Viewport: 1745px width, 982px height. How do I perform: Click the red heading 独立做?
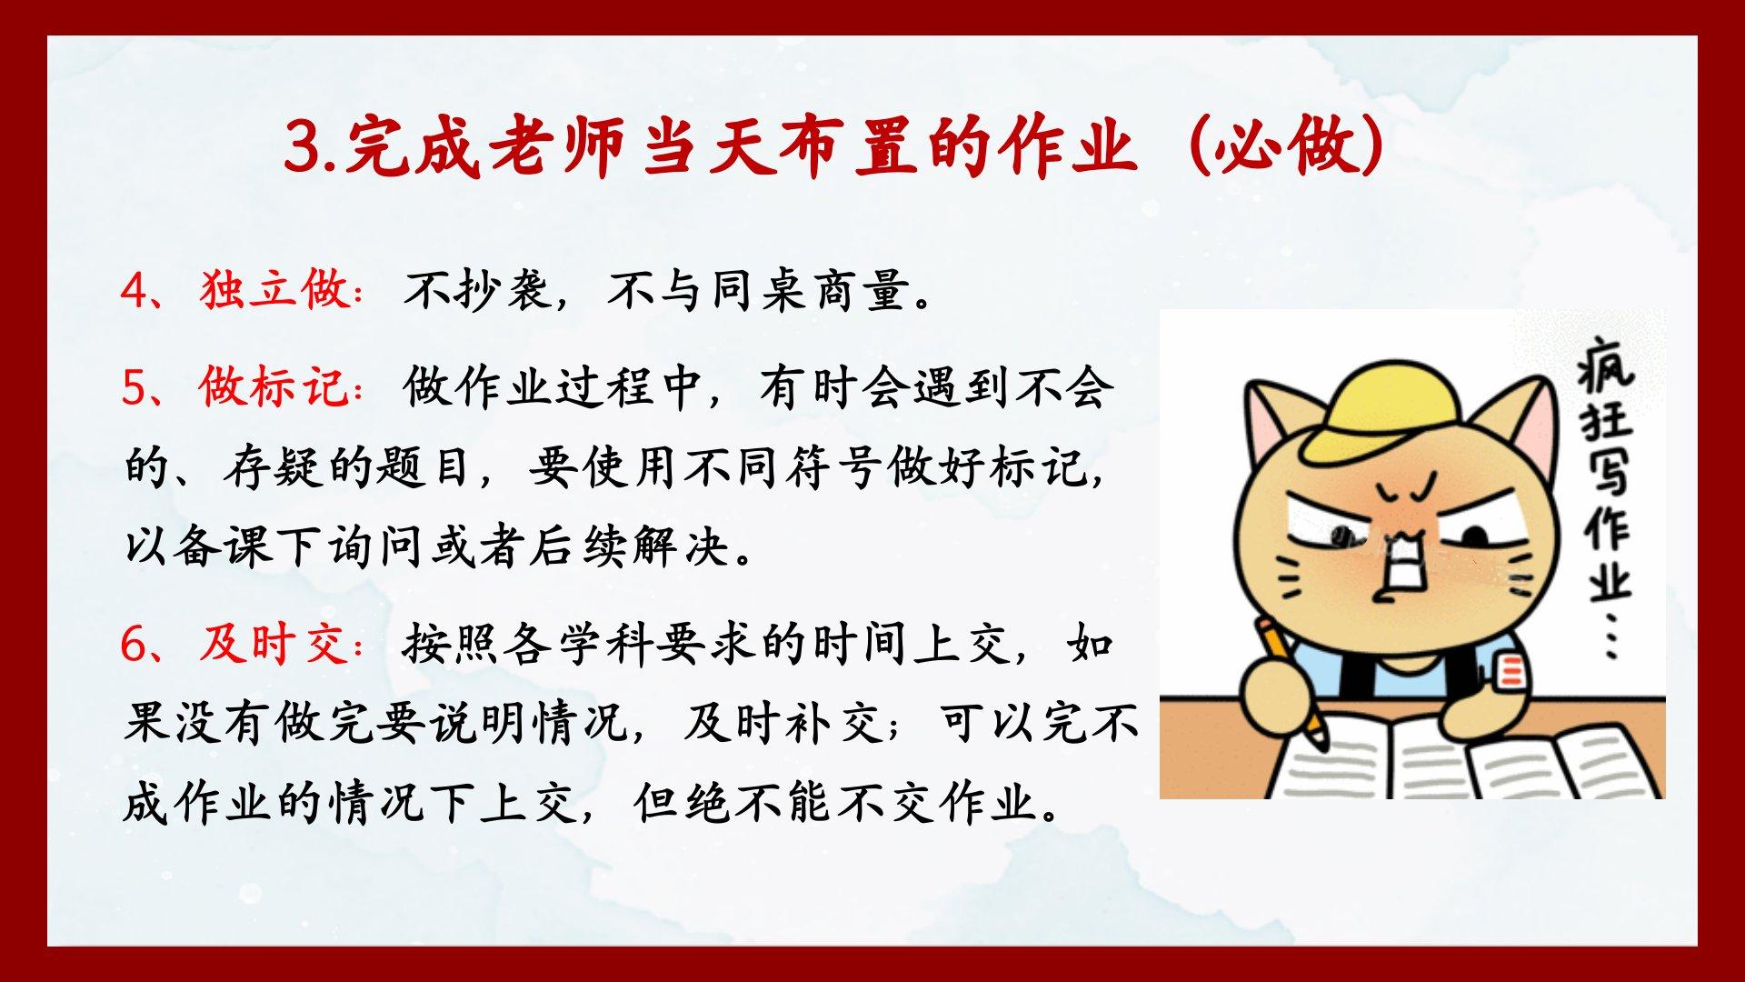276,290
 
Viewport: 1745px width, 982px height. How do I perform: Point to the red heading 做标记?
276,386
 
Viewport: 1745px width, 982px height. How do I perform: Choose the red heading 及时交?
276,644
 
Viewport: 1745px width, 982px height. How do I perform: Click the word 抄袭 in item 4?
505,290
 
